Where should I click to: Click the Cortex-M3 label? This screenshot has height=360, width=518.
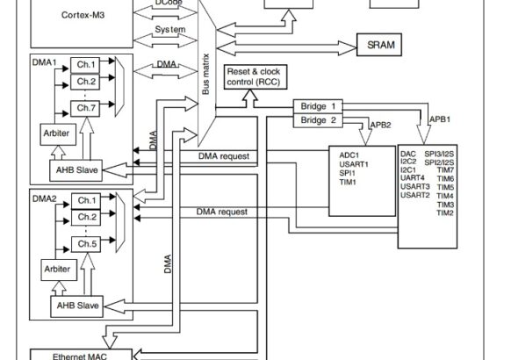tap(83, 15)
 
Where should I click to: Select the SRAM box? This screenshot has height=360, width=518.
tap(379, 45)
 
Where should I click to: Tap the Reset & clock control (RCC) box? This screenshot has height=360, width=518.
tap(255, 77)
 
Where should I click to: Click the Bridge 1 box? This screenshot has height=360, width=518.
tap(318, 106)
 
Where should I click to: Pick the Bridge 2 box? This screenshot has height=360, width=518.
tap(318, 120)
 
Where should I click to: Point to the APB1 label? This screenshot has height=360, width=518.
tap(440, 119)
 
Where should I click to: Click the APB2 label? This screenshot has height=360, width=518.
tap(380, 125)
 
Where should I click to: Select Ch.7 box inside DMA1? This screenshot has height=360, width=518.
tap(85, 108)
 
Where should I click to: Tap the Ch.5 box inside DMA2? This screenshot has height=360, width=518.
tap(86, 244)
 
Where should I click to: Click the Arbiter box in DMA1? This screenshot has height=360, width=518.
tap(58, 134)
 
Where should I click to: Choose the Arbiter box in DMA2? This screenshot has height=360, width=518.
tap(59, 270)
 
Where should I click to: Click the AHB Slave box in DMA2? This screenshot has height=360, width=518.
tap(76, 306)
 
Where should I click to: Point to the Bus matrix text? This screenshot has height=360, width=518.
tap(205, 75)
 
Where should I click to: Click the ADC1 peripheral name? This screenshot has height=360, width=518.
tap(349, 155)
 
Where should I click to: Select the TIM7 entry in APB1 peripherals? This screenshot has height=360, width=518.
tap(446, 170)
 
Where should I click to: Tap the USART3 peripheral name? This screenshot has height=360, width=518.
tap(415, 187)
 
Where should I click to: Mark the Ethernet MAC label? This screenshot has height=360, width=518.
tap(80, 356)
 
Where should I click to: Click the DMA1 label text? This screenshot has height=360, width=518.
tap(44, 62)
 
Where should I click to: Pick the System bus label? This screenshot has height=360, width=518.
tap(170, 29)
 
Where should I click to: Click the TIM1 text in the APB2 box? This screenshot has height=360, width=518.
tap(348, 182)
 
